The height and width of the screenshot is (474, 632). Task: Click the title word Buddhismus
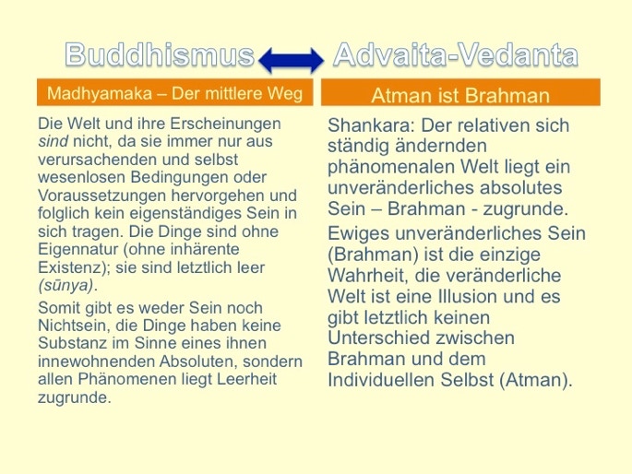coord(160,54)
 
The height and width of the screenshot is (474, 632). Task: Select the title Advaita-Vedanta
coord(456,54)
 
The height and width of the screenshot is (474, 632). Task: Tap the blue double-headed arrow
coord(291,61)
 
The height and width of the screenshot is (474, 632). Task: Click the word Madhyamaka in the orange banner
coord(100,94)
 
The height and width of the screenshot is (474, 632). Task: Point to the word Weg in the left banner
coord(287,94)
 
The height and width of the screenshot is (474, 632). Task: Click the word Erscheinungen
coord(226,124)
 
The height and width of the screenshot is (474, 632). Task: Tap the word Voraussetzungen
coord(102,196)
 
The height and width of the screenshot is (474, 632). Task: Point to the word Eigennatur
coord(78,250)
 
